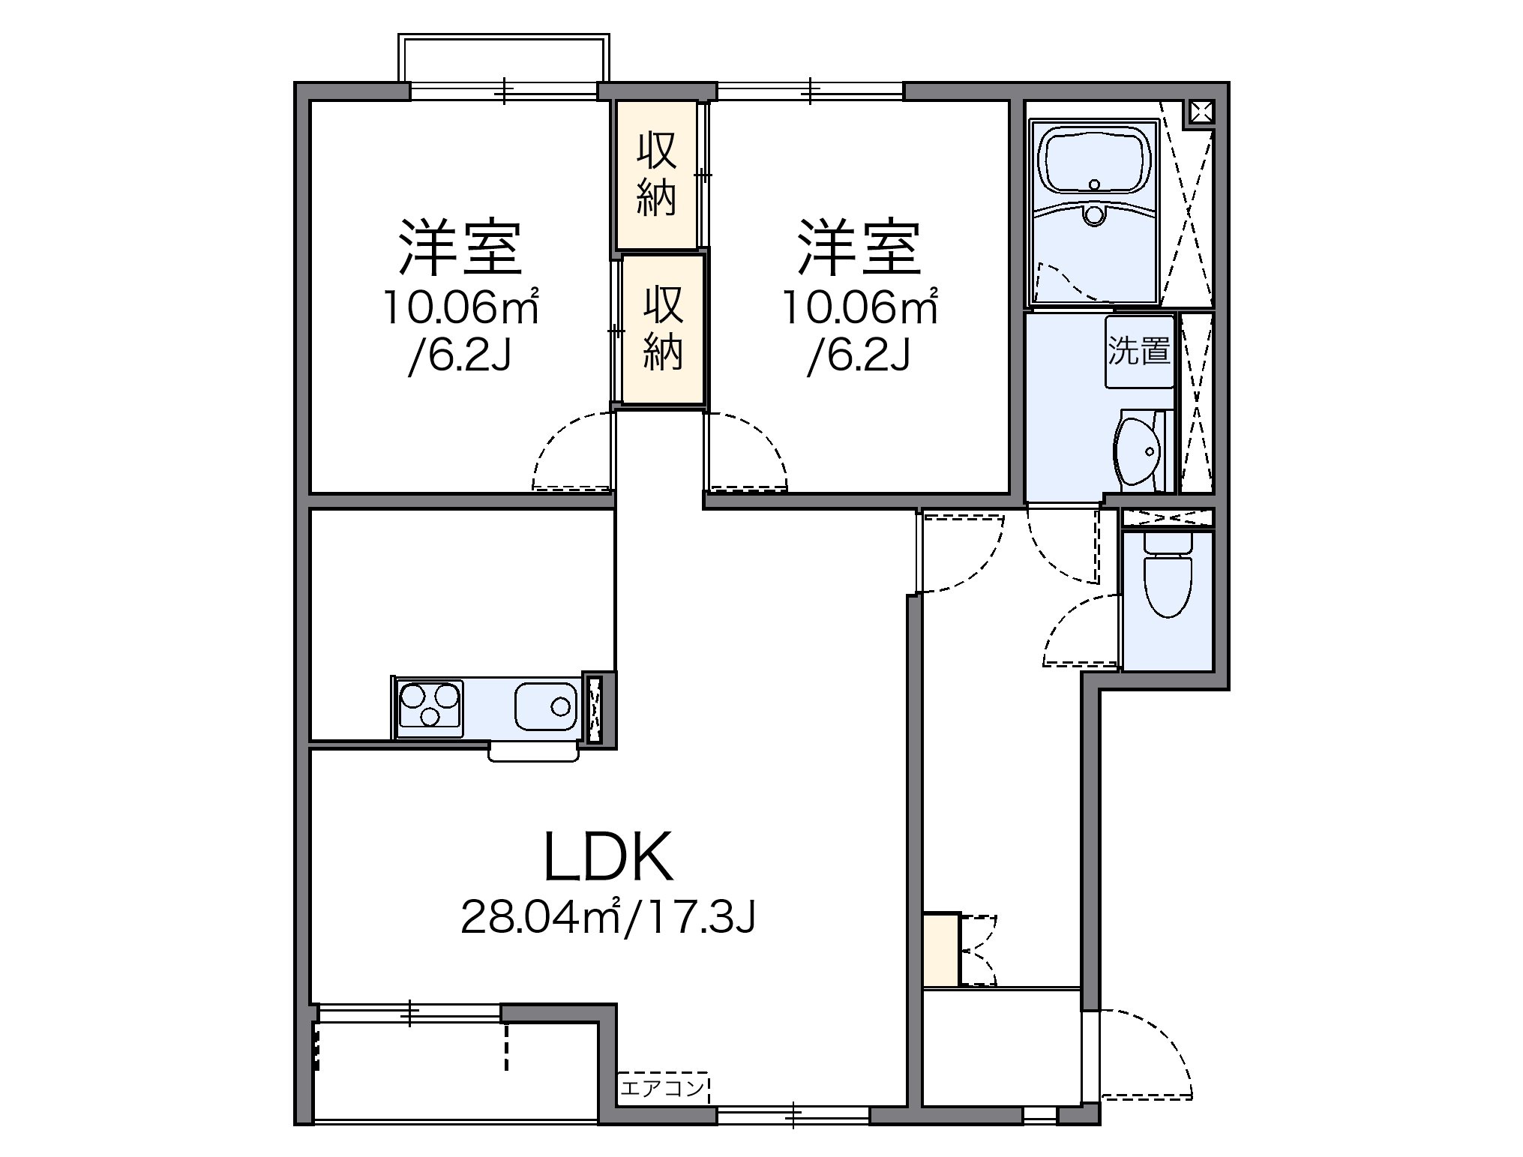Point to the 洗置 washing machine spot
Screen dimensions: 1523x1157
[x=1139, y=352]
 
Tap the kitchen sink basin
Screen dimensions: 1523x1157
[x=545, y=706]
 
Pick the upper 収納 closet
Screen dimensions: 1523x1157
[x=657, y=174]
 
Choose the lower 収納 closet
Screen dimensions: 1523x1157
[x=663, y=330]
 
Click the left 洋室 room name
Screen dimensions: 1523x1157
[x=460, y=248]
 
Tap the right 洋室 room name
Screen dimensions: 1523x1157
[x=859, y=248]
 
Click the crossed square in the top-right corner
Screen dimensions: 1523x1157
[x=1201, y=112]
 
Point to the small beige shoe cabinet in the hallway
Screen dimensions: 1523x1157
[x=941, y=949]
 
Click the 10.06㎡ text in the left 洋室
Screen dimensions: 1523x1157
[x=461, y=307]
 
